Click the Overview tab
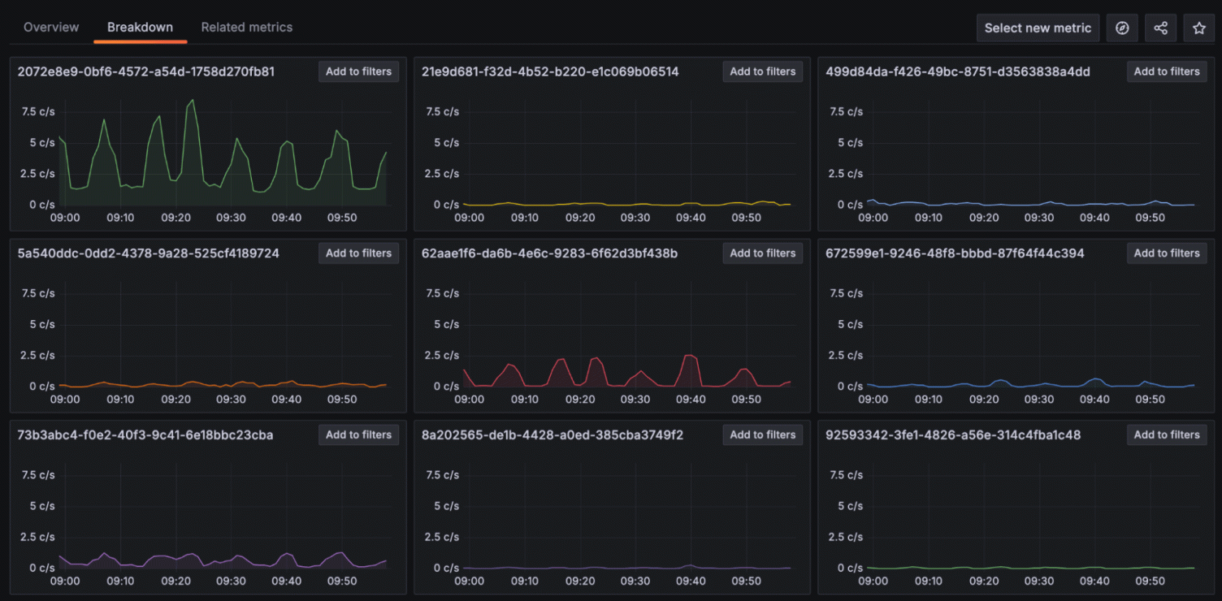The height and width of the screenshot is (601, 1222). (x=51, y=28)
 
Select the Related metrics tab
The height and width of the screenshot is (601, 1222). (x=247, y=28)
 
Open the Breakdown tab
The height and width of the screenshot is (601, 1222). (x=140, y=28)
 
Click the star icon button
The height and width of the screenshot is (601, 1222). (x=1198, y=28)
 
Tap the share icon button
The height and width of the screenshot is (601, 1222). (x=1160, y=28)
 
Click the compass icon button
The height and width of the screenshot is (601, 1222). (x=1122, y=28)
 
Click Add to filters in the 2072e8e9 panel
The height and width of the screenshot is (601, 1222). (x=358, y=71)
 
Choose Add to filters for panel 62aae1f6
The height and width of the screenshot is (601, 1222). (x=762, y=253)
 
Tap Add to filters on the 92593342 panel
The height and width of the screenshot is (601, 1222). (x=1166, y=435)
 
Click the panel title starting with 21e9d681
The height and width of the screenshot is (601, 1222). (x=550, y=71)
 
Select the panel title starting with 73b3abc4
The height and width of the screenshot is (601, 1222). (x=145, y=435)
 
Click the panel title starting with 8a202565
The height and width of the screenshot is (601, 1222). (x=552, y=435)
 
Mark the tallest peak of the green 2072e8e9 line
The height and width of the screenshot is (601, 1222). (x=193, y=100)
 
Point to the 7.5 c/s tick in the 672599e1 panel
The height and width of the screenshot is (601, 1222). (x=846, y=293)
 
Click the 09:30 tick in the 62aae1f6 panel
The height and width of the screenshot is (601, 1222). (x=635, y=400)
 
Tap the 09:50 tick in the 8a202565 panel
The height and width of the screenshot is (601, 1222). (x=746, y=582)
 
